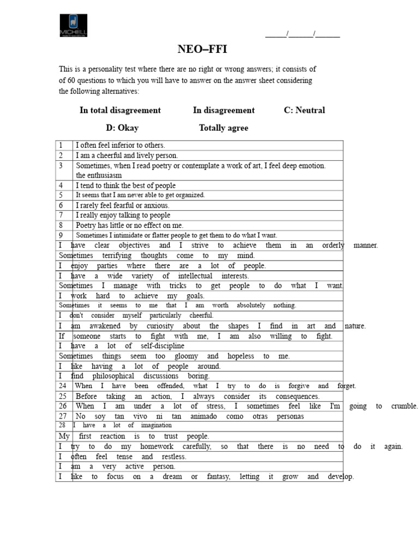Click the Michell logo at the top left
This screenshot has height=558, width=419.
pyautogui.click(x=73, y=26)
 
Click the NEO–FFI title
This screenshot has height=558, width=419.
pyautogui.click(x=202, y=50)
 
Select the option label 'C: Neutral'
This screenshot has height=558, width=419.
pyautogui.click(x=304, y=110)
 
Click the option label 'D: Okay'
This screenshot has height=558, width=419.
pyautogui.click(x=122, y=128)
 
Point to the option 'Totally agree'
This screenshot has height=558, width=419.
pyautogui.click(x=223, y=128)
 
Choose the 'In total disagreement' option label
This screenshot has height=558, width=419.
pyautogui.click(x=120, y=110)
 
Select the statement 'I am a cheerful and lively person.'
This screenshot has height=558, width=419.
pyautogui.click(x=127, y=155)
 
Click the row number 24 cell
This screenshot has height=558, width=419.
pyautogui.click(x=63, y=386)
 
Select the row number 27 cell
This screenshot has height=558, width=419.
pyautogui.click(x=63, y=416)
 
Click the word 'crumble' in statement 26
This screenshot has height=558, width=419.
pyautogui.click(x=404, y=407)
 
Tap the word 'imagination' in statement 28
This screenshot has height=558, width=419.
pyautogui.click(x=156, y=426)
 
